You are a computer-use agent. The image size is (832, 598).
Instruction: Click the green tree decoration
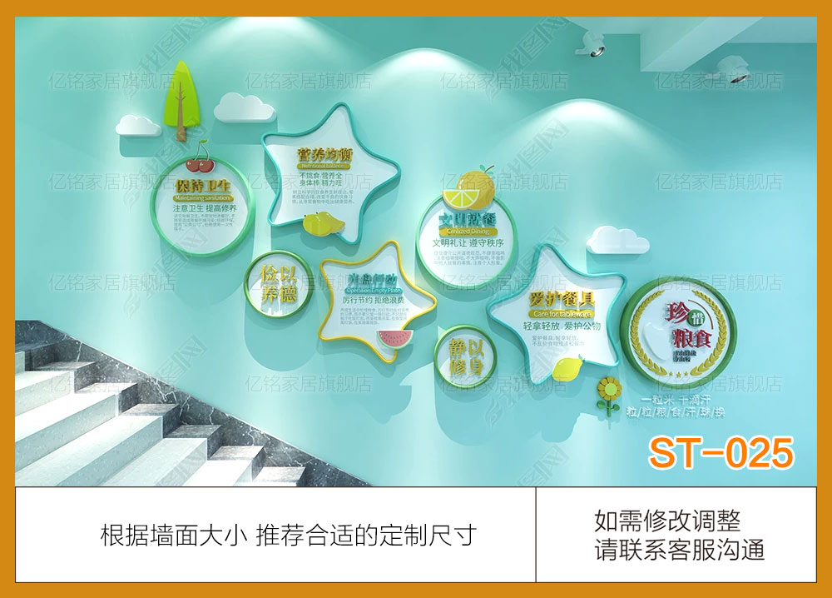coord(183,93)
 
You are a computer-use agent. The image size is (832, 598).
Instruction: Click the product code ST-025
coord(721,453)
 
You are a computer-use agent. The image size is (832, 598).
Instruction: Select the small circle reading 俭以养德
coord(278,283)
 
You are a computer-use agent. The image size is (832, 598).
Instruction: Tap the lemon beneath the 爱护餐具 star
coord(568,367)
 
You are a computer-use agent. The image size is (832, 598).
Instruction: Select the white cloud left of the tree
coord(137,125)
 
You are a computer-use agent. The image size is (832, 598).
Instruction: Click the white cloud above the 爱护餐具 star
coord(617,240)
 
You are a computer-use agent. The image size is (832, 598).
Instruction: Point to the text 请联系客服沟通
coord(679,550)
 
